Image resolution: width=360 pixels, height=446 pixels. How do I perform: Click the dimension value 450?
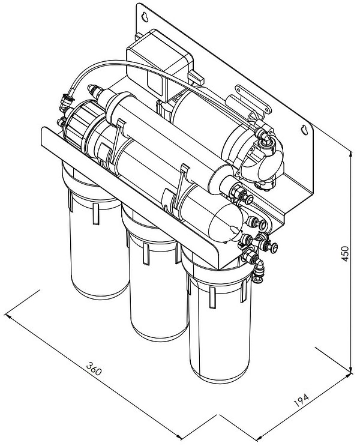344,254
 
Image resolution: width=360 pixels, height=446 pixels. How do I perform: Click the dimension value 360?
93,369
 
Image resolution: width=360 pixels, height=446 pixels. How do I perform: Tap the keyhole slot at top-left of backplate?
146,16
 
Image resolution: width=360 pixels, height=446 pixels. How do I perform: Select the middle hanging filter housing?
155,273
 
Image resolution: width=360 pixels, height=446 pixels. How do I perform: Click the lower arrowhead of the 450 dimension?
351,369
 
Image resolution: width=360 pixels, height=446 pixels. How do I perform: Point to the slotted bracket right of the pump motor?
251,100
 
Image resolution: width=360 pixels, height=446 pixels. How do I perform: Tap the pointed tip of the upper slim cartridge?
91,88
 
